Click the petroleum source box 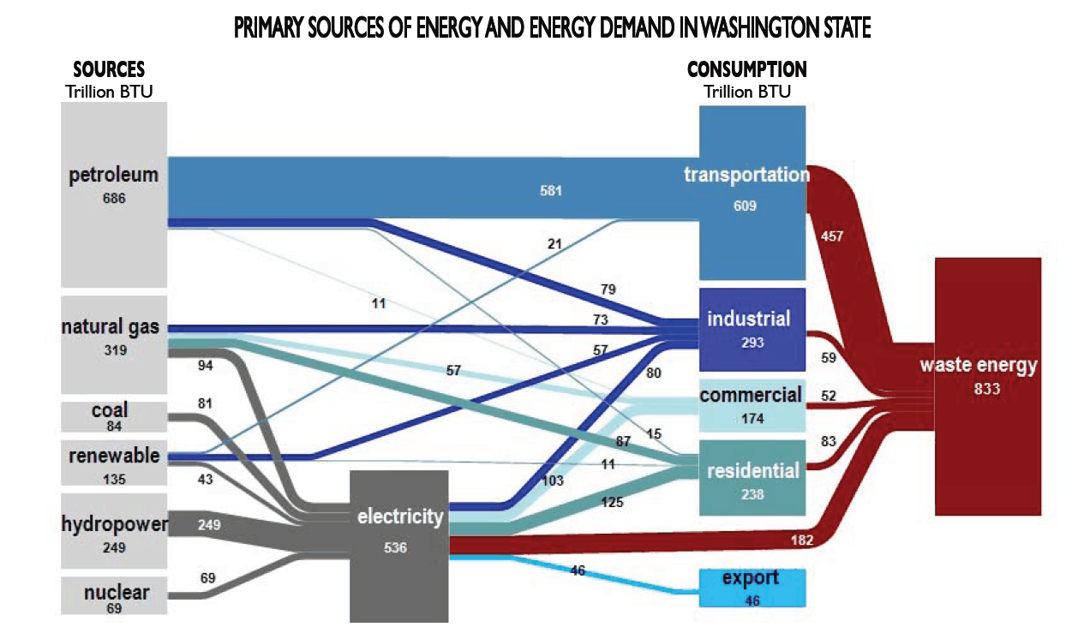(x=114, y=194)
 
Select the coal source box (x=114, y=417)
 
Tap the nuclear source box (x=114, y=595)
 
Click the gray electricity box (x=399, y=546)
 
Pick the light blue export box (x=752, y=588)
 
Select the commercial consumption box (x=752, y=406)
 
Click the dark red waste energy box (x=988, y=386)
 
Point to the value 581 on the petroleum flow (x=551, y=191)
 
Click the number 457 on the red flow (x=831, y=236)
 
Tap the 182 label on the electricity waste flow (x=802, y=540)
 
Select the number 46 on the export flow (x=578, y=570)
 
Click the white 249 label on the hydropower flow (x=209, y=525)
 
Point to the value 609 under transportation (x=745, y=206)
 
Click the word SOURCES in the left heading (x=109, y=69)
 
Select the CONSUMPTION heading (x=747, y=69)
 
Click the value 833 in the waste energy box (x=987, y=389)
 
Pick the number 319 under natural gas (x=116, y=350)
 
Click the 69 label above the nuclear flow (x=207, y=578)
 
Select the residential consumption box (x=752, y=478)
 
